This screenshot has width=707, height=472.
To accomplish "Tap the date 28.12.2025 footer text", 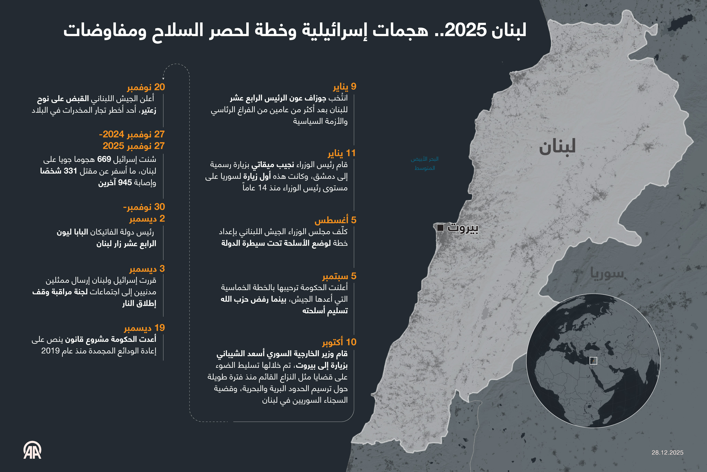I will coord(667,453).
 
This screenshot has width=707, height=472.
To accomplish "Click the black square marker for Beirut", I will coord(440,228).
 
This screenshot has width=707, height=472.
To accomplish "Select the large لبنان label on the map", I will coord(557,147).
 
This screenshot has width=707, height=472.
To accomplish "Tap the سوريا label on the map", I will coord(607,273).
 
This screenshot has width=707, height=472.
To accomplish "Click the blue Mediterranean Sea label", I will coord(424,163).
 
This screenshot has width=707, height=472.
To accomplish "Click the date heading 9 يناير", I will coord(344,87).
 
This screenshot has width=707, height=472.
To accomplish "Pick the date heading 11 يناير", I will coord(342,153).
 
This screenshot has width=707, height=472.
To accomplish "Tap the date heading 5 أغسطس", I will coord(335,220).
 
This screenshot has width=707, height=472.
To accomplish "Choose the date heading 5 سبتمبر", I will coord(339,276).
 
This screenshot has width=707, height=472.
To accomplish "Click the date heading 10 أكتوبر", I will coord(339,342).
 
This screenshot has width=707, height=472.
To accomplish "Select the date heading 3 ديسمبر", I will coord(147,269).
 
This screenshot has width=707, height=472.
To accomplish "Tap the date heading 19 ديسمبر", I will coord(144,328).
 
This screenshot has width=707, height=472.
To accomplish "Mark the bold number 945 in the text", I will coord(125,183).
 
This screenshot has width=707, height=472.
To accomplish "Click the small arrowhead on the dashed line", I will coord(163,78).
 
